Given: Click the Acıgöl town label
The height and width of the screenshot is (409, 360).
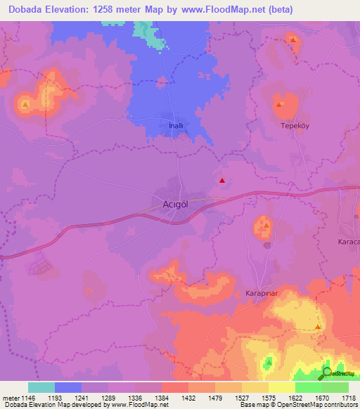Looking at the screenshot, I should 172,205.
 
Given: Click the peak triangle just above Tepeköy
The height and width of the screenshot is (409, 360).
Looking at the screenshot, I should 281,105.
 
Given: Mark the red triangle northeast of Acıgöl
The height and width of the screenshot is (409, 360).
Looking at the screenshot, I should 223,181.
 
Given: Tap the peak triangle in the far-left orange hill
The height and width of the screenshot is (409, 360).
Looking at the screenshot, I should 26,106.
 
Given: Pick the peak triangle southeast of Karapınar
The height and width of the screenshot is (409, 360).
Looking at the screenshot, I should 319,327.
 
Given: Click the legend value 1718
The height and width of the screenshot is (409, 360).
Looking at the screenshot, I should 348,398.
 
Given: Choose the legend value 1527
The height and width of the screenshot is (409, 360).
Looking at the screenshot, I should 228,398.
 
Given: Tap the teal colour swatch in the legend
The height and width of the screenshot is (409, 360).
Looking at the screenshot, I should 41,387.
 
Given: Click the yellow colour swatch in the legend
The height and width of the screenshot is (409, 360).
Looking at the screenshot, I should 281,387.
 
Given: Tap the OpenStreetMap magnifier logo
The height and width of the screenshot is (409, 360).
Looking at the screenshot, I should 327,373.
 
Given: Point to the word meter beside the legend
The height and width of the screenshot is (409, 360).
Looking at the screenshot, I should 8,398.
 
